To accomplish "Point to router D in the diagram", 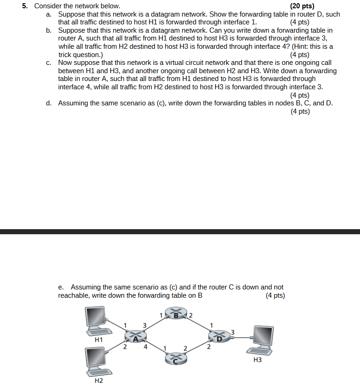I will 219,337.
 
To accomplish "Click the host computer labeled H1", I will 97,321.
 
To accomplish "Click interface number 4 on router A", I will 146,347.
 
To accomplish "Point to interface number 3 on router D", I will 233,332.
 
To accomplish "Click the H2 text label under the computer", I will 98,381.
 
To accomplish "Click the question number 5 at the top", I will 25,6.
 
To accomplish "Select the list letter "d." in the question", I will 49,103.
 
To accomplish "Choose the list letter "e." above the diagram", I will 61,287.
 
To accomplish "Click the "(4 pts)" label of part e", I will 275,295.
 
